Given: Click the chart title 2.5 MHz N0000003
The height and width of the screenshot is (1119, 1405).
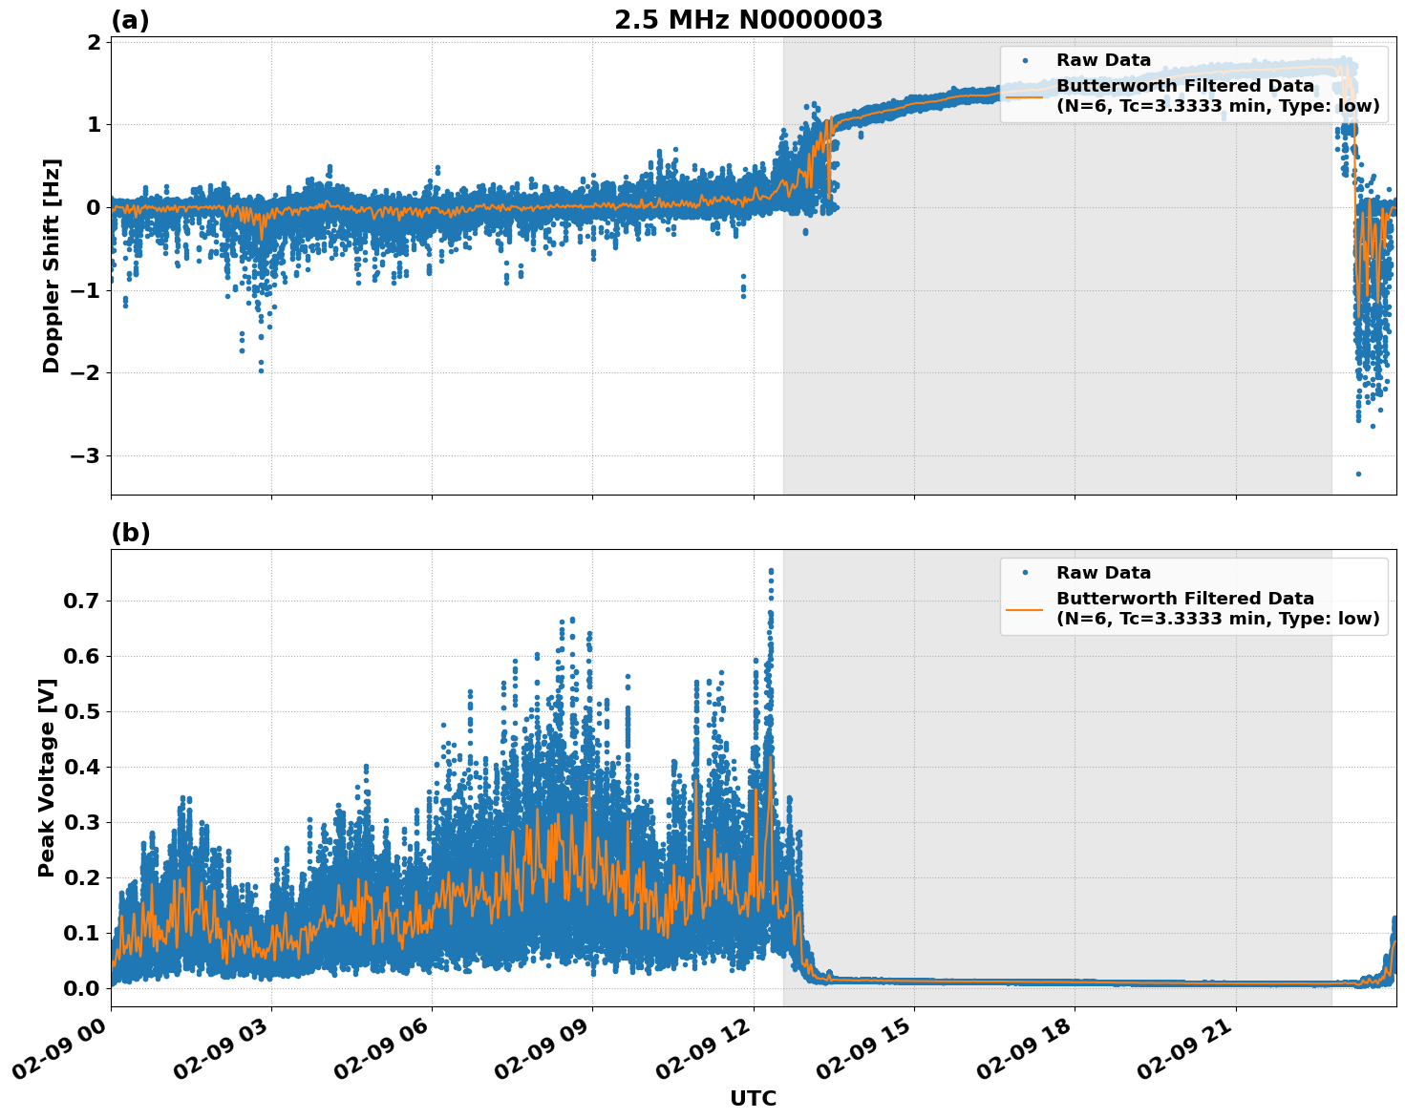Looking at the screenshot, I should click(x=748, y=20).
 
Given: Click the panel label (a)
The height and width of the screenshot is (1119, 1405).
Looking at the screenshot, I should click(x=130, y=20).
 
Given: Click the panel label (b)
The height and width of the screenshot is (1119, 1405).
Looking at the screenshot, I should click(x=130, y=533).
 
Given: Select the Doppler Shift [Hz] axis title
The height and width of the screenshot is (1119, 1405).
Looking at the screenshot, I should click(x=52, y=265).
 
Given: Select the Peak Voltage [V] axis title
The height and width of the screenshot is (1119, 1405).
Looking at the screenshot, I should click(x=47, y=777).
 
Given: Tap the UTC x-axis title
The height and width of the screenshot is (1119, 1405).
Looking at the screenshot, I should click(x=753, y=1098).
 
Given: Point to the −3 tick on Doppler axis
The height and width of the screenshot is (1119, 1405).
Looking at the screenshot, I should click(x=86, y=455).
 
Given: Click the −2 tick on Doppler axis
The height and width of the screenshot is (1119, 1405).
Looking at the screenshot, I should click(x=86, y=373).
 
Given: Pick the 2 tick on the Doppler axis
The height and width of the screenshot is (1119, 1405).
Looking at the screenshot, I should click(x=94, y=42).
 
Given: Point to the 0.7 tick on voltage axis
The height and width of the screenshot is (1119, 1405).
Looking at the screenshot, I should click(x=80, y=601).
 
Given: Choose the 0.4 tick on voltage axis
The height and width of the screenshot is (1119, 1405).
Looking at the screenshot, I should click(x=80, y=767).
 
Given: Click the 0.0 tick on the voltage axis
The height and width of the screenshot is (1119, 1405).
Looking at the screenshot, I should click(x=80, y=988).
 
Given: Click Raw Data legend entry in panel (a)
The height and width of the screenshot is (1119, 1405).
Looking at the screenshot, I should click(x=1103, y=60).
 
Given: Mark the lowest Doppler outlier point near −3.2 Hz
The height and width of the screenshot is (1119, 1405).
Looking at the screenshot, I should click(x=1358, y=474).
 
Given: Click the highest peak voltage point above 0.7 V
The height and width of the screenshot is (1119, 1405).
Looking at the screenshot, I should click(x=771, y=571).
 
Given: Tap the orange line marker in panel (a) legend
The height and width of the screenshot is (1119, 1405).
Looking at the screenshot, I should click(x=1024, y=95).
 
